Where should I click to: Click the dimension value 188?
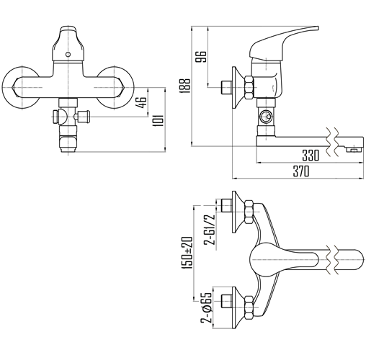(x=185, y=86)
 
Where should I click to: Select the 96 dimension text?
(x=201, y=56)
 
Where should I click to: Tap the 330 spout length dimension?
(x=311, y=156)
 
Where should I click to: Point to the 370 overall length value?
(x=301, y=171)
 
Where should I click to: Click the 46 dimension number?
(x=141, y=102)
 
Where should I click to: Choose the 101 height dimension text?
(x=159, y=121)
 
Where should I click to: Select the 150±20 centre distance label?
(x=188, y=253)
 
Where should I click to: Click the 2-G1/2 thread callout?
(x=209, y=230)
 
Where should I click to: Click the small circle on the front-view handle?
(x=68, y=55)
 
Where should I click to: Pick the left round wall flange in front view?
(x=21, y=88)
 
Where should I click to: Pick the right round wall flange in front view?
(x=115, y=88)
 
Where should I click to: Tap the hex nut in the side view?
(x=249, y=87)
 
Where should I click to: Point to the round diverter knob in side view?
(x=266, y=117)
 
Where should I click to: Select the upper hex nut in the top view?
(x=249, y=212)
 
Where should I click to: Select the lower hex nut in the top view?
(x=249, y=307)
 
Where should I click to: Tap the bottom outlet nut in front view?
(x=68, y=144)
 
